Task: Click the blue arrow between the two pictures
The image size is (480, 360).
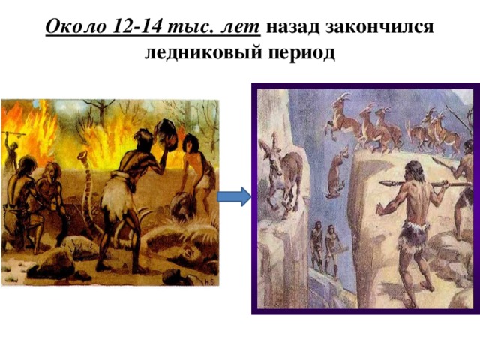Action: [x=234, y=196]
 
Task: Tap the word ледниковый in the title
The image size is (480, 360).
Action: [x=203, y=52]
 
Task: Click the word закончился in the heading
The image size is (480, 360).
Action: [x=379, y=28]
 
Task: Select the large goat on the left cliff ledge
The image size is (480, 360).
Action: [x=282, y=175]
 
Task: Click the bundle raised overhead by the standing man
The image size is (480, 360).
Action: [x=166, y=135]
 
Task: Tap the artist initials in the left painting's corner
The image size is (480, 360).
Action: [x=210, y=282]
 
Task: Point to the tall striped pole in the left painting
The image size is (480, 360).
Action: [x=87, y=196]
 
